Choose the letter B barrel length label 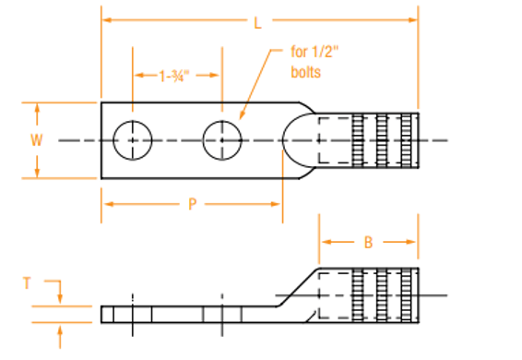[368, 243]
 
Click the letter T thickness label [29, 286]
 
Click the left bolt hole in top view [132, 140]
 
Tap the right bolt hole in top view [221, 140]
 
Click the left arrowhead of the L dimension [106, 19]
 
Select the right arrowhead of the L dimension [413, 19]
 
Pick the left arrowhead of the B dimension [326, 243]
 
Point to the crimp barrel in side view [369, 294]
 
